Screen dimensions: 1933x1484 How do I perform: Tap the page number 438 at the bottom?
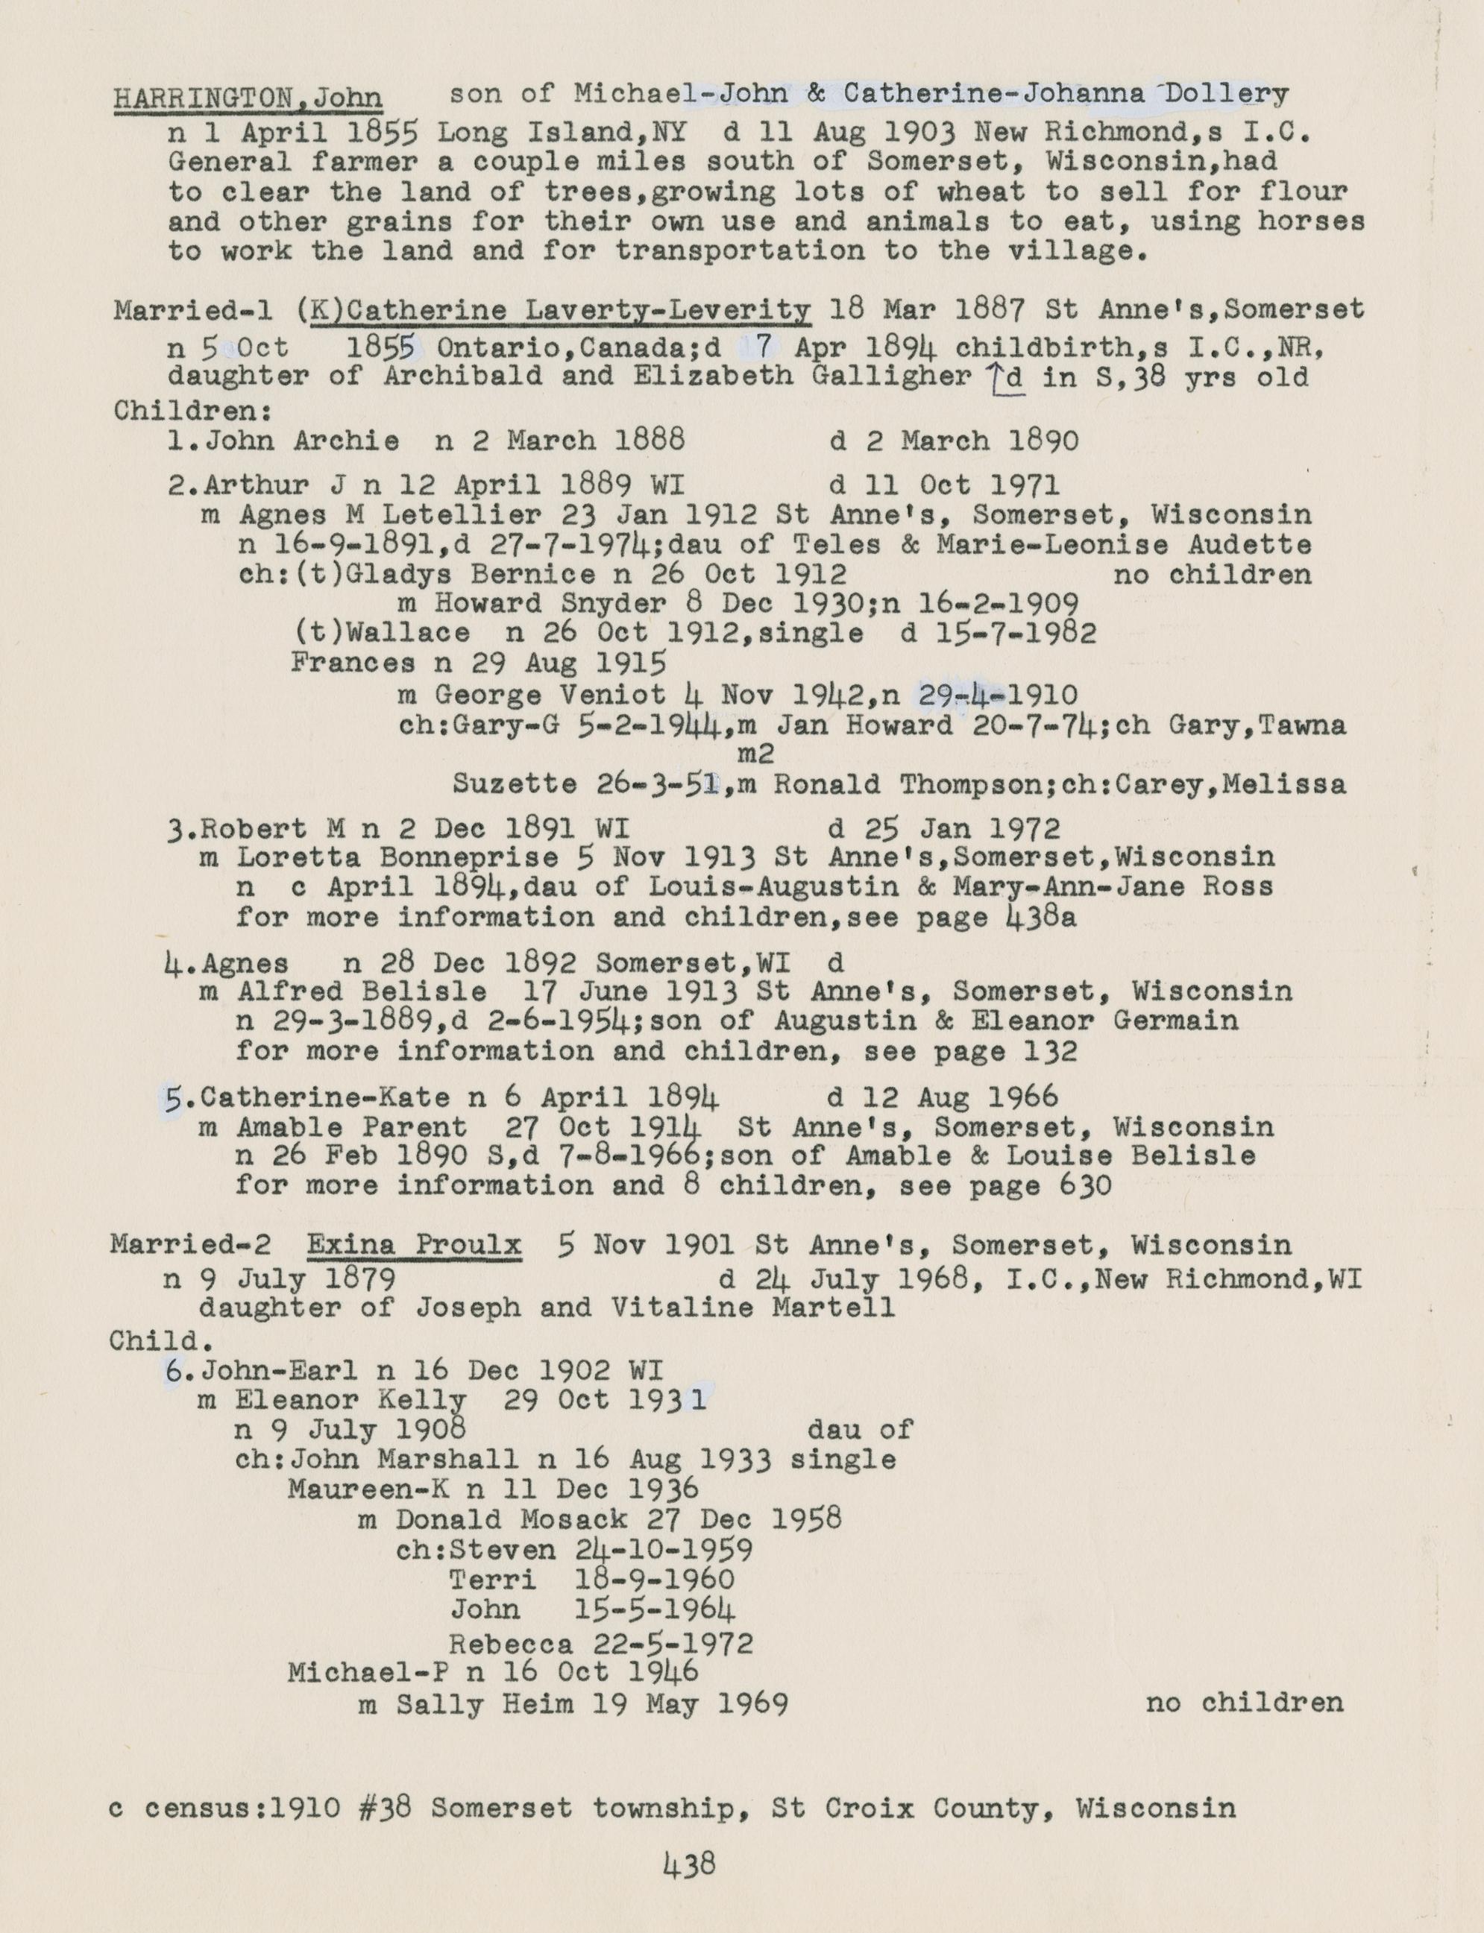(x=689, y=1865)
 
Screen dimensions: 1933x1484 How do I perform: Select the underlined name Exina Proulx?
(x=415, y=1245)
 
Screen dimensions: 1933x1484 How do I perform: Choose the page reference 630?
(x=1084, y=1185)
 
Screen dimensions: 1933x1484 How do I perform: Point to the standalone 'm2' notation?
(x=756, y=755)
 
